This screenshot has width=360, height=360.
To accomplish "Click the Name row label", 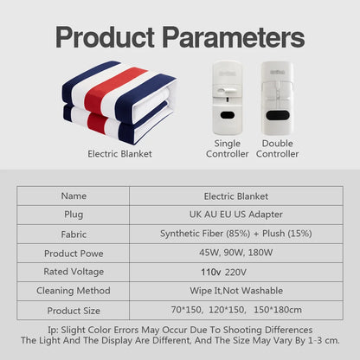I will (x=74, y=196).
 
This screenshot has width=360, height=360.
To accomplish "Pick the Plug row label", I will (x=74, y=215).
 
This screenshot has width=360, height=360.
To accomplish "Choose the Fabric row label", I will (x=74, y=234).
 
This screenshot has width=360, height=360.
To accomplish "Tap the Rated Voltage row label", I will (x=74, y=272).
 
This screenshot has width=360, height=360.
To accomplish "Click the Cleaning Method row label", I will (x=74, y=291).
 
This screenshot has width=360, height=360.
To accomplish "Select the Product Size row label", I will (x=74, y=310).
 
